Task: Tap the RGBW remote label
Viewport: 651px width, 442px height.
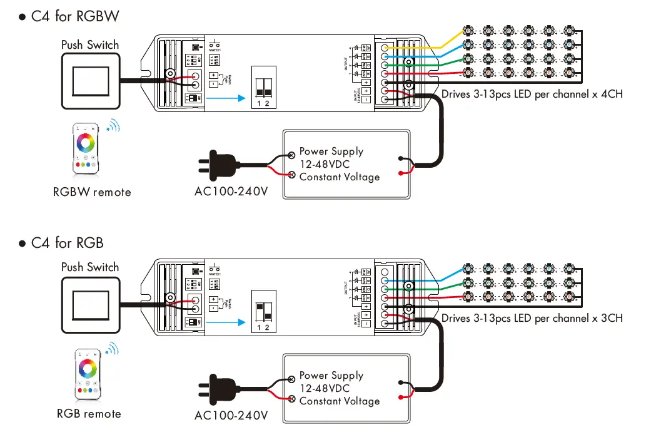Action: point(92,192)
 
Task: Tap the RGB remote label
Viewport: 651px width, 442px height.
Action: point(89,414)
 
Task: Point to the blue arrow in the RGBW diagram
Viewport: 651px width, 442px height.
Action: point(225,98)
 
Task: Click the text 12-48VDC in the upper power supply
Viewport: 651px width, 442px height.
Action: point(325,164)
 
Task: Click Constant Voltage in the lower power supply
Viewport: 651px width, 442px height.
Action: point(339,401)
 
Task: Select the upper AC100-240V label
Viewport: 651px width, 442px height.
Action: point(231,192)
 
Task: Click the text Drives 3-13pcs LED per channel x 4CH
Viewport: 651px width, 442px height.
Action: point(532,94)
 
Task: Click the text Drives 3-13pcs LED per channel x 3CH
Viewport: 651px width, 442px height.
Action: point(532,318)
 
